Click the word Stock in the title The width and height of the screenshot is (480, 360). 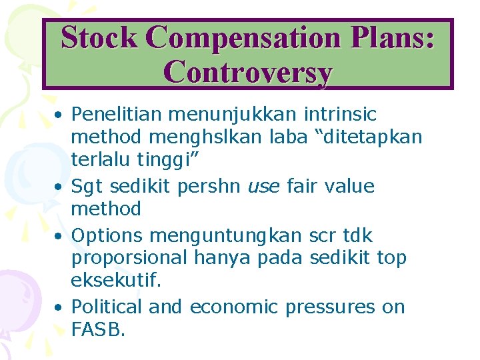(x=99, y=37)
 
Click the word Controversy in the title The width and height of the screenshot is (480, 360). (x=247, y=71)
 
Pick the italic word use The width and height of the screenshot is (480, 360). (x=264, y=187)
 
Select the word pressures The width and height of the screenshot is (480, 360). (x=331, y=307)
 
